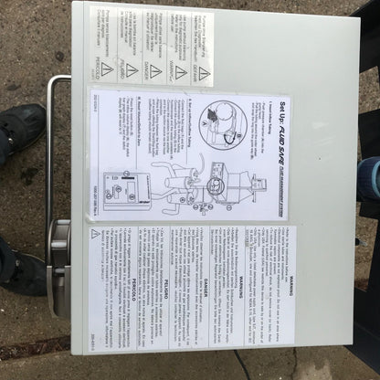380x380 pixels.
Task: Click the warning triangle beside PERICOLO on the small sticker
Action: pos(107,69)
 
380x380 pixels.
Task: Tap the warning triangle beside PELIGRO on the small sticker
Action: pos(132,69)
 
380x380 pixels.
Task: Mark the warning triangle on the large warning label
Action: pos(95,235)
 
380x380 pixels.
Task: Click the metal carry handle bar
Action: pos(50,164)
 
